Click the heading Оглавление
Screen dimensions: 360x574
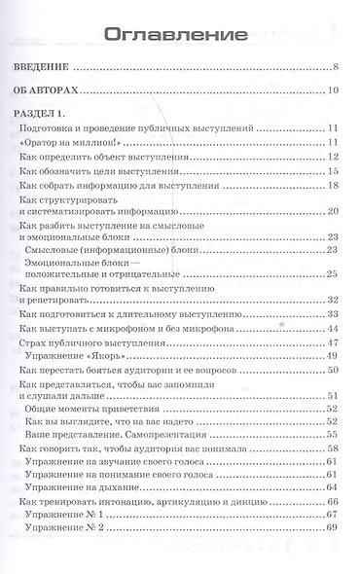(x=179, y=35)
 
